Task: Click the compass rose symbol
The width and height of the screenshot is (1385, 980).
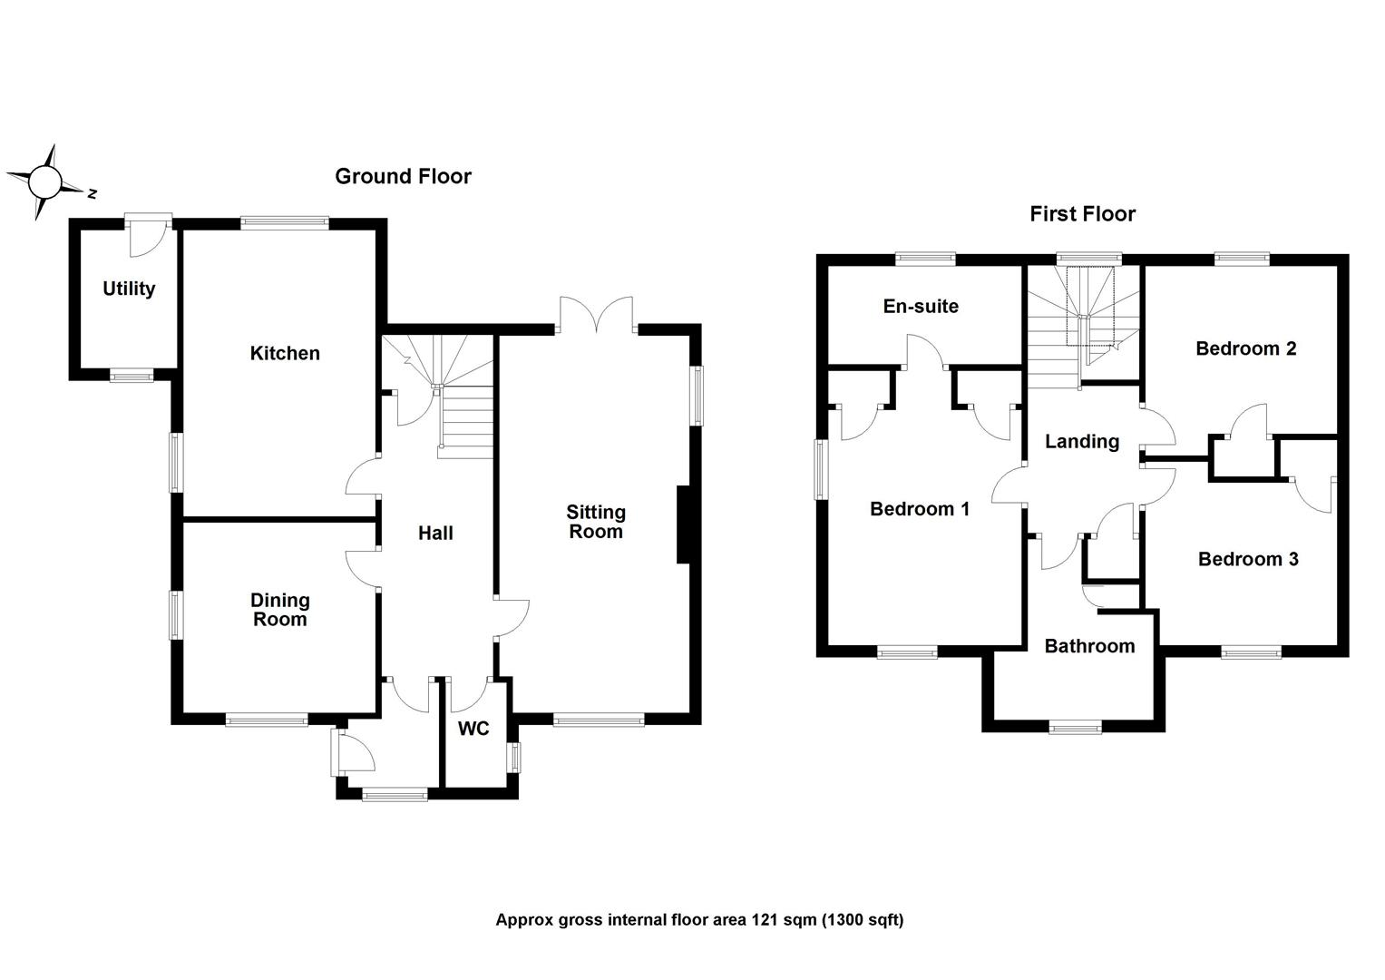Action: tap(44, 182)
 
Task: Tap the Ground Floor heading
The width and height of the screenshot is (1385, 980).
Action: tap(403, 176)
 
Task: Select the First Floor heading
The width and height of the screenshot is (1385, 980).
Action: tap(1082, 214)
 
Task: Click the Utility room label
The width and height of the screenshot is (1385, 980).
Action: tap(129, 289)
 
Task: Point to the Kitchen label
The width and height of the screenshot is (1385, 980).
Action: tap(285, 353)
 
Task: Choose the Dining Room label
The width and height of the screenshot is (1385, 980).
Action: tap(280, 610)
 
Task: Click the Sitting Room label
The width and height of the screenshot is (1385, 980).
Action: tap(596, 522)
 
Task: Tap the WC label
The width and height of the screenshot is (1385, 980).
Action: tap(473, 729)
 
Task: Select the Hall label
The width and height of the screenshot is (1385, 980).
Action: tap(435, 534)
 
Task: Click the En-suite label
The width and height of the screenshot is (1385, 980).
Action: tap(921, 307)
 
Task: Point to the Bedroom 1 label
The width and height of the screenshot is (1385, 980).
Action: tap(920, 509)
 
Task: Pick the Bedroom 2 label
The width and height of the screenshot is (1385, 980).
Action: tap(1245, 348)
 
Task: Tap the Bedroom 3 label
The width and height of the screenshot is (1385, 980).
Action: tap(1248, 559)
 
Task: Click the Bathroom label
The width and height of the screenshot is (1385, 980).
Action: tap(1089, 646)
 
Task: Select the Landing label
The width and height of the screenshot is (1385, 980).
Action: tap(1082, 442)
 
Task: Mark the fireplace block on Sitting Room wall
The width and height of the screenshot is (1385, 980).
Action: tap(683, 525)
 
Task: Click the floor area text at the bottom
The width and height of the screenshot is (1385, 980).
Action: tap(699, 920)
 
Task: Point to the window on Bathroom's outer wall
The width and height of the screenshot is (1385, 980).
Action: tap(1075, 726)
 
